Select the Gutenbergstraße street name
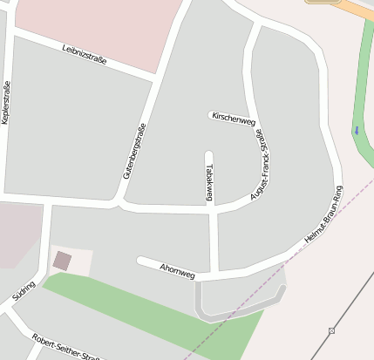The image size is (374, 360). (134, 151)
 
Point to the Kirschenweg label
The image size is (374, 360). (233, 120)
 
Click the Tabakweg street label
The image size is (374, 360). (209, 182)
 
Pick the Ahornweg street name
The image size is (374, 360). (177, 271)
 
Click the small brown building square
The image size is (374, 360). (62, 260)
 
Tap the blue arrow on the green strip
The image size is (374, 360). (356, 131)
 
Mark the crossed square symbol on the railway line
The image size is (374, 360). (331, 330)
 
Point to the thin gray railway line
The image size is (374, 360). (349, 305)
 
